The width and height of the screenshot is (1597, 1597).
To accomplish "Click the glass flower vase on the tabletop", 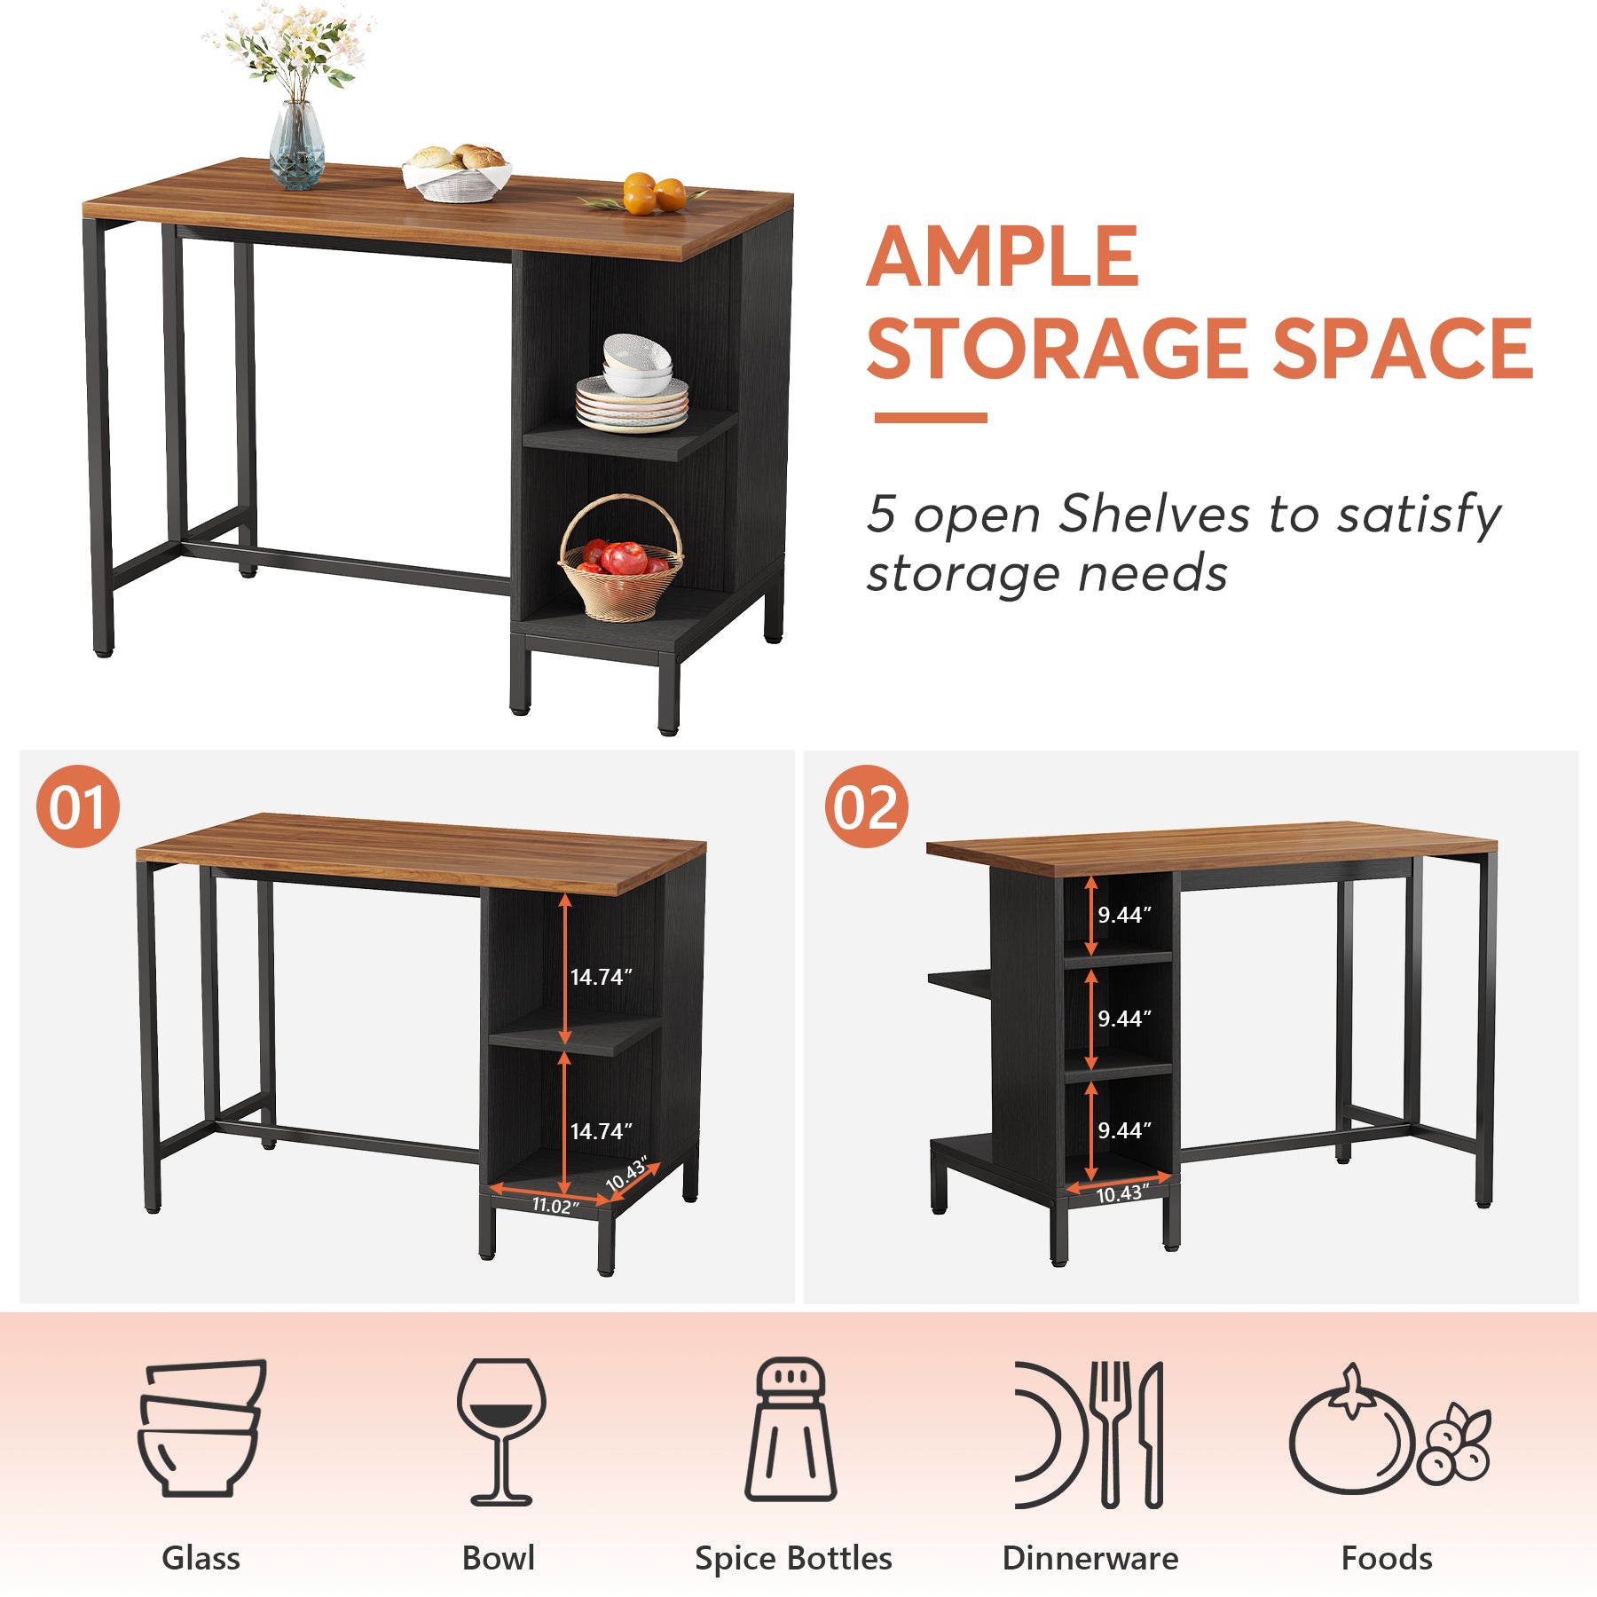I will point(296,146).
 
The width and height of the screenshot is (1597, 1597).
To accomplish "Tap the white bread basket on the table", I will point(456,177).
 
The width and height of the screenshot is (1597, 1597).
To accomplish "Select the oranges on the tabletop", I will point(654,194).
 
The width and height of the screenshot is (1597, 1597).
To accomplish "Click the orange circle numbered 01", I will point(78,806).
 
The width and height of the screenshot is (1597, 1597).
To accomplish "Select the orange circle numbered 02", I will point(866,806).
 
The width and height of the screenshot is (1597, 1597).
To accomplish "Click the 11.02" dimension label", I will point(555,1205).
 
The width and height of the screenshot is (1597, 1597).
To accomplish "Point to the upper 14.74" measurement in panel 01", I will point(601,977).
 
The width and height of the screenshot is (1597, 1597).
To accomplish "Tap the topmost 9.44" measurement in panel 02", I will point(1124,915).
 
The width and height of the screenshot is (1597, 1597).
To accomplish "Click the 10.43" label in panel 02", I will point(1121,1193).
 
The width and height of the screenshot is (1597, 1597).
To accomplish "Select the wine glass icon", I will point(501,1430).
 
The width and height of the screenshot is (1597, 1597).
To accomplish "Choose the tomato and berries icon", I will point(1389,1430).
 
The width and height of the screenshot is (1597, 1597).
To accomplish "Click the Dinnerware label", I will point(1090,1558).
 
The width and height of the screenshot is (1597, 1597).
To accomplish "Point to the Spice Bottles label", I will point(793,1558).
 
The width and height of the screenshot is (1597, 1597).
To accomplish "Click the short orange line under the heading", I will point(930,417).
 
